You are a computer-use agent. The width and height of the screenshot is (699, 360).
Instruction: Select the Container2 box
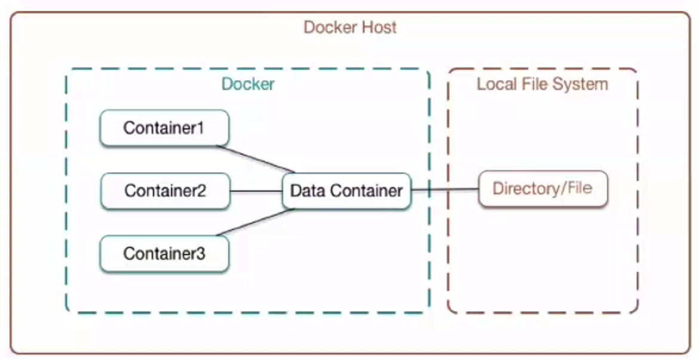point(165,191)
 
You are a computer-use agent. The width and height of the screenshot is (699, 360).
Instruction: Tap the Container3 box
point(164,254)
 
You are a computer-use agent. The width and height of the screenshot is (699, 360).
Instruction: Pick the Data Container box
point(347,191)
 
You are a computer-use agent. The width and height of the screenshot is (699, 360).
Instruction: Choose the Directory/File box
point(542,189)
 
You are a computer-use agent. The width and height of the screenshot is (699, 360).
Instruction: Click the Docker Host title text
point(350,27)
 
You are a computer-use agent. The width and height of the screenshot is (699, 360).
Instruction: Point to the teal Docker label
point(248,84)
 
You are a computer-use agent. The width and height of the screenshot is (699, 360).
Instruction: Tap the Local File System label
point(542,84)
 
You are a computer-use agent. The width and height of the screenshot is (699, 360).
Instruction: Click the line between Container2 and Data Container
point(256,191)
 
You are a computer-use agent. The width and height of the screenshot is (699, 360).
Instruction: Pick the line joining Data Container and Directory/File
point(445,190)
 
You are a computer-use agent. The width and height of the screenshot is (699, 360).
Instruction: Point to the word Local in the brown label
point(495,84)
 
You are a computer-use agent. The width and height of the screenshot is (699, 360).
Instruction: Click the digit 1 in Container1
point(201,128)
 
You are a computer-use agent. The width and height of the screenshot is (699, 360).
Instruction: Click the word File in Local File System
point(535,84)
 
